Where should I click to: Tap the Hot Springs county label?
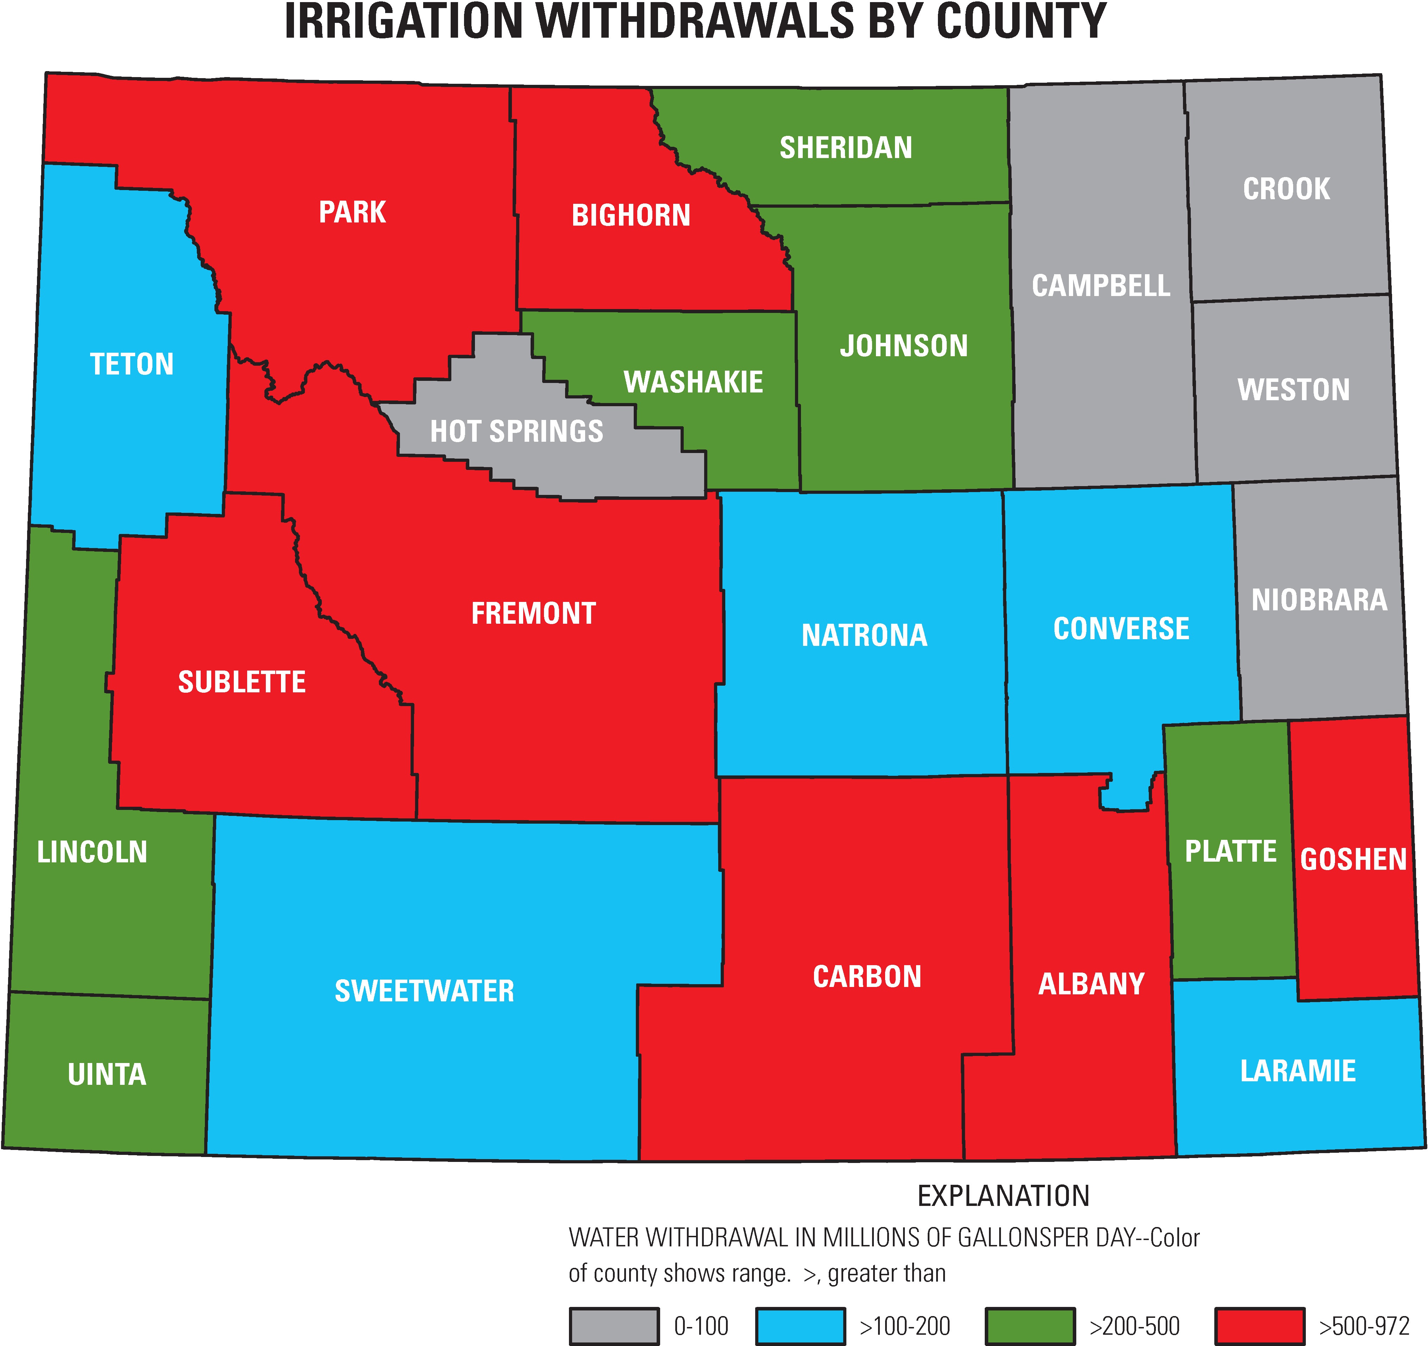[516, 431]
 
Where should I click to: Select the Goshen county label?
[1353, 860]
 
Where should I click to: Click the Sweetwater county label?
[425, 991]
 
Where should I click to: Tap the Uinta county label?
[107, 1075]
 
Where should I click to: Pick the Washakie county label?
[693, 382]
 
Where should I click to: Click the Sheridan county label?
[846, 148]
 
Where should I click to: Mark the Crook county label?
[1286, 189]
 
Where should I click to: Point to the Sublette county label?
[242, 681]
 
